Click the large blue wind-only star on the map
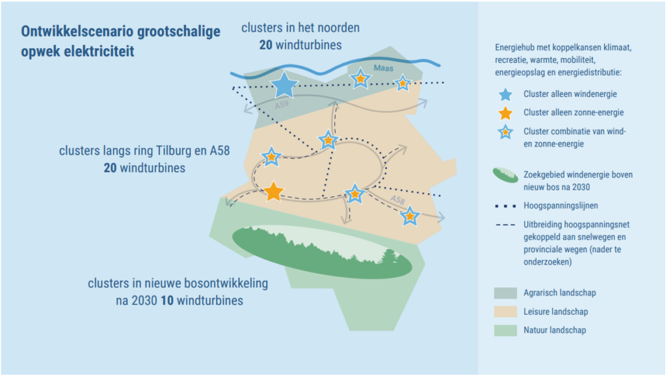tap(283, 85)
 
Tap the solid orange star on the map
tap(274, 191)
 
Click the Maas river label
tap(382, 68)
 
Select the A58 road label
tap(398, 200)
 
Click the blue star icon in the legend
tap(505, 94)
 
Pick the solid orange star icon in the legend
tap(505, 113)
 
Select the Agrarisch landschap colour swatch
tap(505, 293)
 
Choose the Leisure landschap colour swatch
tap(505, 312)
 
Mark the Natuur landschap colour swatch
tap(505, 330)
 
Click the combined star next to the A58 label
tap(409, 216)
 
